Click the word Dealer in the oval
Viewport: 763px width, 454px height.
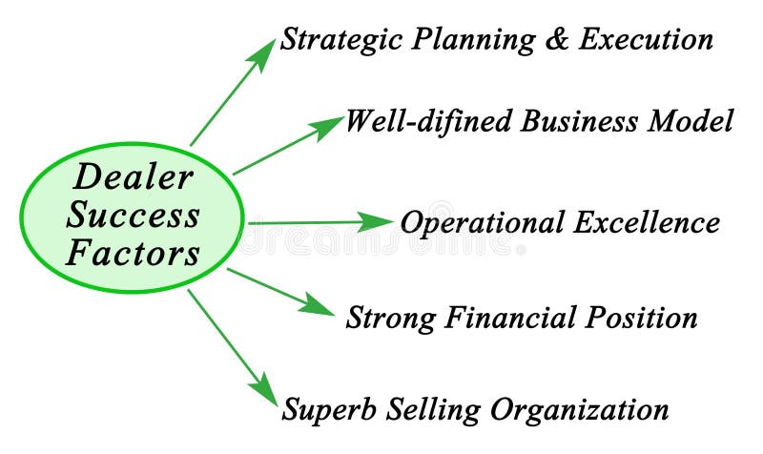pos(134,176)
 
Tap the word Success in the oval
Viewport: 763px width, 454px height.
pos(133,215)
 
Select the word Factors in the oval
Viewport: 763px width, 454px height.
pos(133,254)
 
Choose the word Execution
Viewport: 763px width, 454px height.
pos(646,40)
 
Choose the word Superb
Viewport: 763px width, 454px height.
pos(327,410)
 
